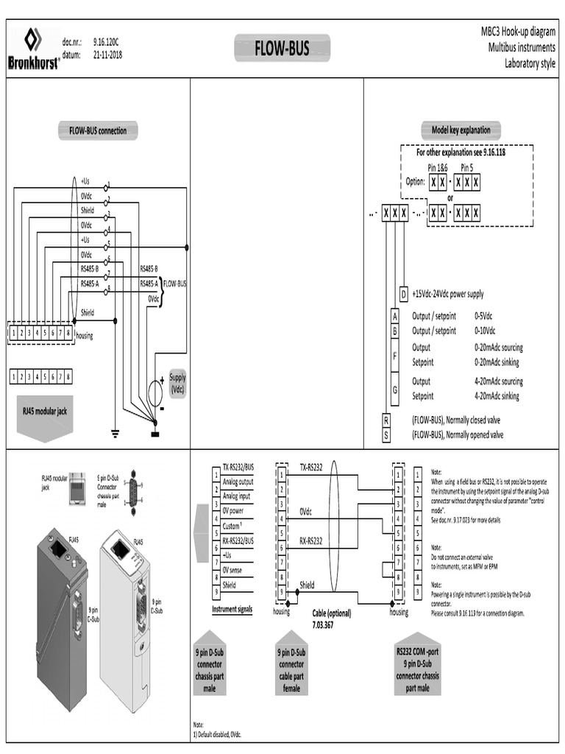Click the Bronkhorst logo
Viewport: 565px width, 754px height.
[33, 48]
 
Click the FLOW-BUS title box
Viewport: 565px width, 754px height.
[282, 49]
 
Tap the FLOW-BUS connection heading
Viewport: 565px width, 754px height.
[98, 131]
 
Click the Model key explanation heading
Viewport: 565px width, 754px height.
[461, 130]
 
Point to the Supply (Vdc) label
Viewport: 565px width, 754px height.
[177, 383]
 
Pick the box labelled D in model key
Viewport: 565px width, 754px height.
[403, 294]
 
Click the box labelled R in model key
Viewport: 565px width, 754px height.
[385, 420]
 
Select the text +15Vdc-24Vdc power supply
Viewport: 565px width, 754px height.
[447, 294]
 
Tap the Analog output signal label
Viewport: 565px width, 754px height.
[238, 482]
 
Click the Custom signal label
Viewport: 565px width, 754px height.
[235, 526]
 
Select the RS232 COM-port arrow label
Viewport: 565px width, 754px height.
[417, 662]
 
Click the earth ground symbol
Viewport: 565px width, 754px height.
[115, 431]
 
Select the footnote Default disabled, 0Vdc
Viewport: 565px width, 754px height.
[218, 734]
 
